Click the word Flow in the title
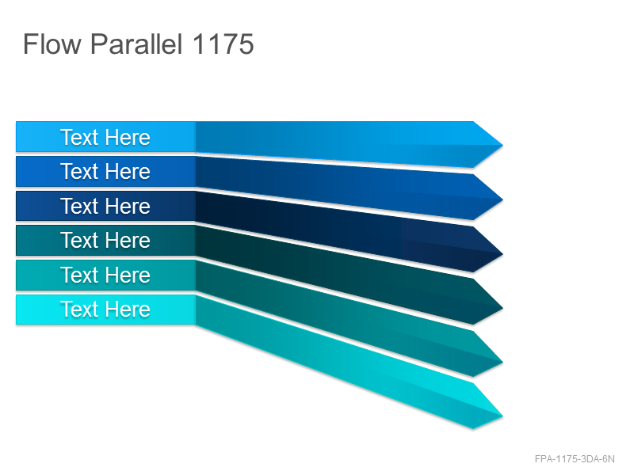52,44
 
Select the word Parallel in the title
136,44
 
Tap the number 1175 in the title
223,44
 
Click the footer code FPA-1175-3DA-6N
575,459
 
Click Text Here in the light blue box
105,137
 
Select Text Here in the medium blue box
105,171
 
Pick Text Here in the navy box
105,206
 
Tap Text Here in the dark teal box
105,241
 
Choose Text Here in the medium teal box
105,275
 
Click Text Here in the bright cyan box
105,310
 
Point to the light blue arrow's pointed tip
502,145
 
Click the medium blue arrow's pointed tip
502,199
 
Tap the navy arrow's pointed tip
502,254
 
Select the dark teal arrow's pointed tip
502,308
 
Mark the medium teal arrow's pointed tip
502,363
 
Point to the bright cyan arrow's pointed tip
502,416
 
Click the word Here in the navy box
128,206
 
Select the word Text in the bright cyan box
80,310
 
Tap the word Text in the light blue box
80,137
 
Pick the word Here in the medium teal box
128,275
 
